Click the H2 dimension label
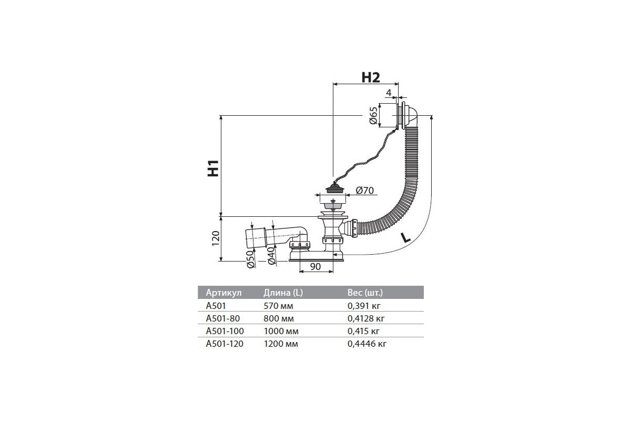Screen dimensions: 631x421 370,77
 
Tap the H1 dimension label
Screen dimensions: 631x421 213,168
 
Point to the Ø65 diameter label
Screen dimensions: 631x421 373,116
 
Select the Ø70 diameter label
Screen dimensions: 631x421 365,191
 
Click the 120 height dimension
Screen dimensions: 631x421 216,238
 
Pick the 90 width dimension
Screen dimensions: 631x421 315,266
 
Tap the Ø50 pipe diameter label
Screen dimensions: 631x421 250,259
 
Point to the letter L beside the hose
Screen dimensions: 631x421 405,238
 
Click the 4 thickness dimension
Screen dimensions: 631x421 389,93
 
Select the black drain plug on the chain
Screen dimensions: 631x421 335,188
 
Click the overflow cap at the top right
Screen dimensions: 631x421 406,116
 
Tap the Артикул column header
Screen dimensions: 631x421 223,293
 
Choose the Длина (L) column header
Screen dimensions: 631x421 283,293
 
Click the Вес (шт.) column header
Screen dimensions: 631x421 365,293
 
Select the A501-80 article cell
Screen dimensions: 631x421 223,318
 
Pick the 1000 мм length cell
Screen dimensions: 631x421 281,331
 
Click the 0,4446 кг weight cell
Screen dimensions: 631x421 367,344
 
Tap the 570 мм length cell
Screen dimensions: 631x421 278,306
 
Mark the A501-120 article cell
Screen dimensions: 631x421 225,344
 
